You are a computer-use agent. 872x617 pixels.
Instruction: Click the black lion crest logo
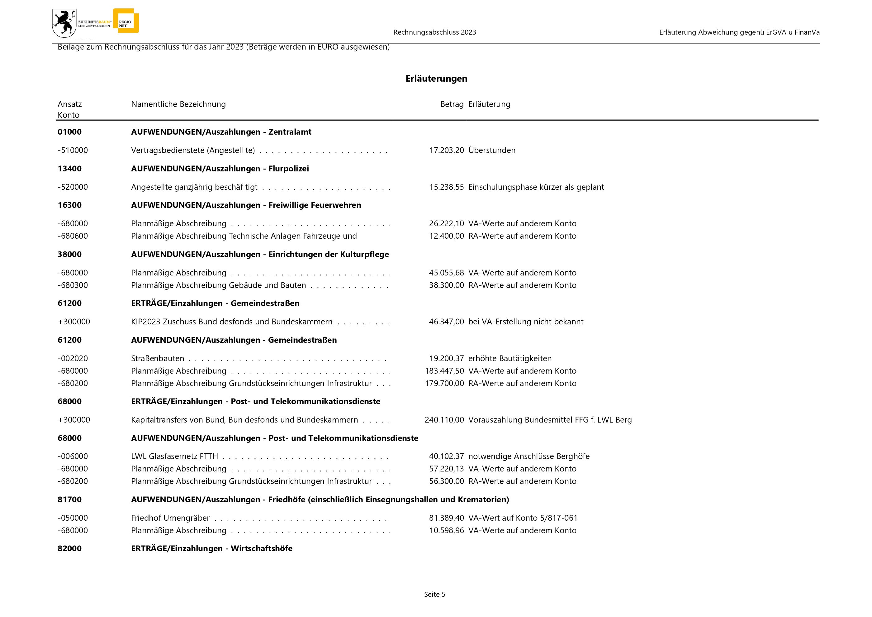click(64, 23)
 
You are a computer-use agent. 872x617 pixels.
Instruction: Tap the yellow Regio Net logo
click(126, 21)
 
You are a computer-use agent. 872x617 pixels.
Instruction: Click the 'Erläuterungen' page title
click(436, 79)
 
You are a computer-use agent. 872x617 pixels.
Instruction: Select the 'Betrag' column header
click(452, 104)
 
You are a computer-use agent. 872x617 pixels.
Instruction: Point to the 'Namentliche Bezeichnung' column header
click(178, 104)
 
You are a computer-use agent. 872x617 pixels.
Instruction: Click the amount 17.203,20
click(446, 151)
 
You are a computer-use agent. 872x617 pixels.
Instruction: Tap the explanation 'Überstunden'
click(492, 151)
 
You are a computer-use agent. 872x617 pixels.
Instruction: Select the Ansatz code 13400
click(69, 169)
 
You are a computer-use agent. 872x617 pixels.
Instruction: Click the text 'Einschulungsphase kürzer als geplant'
click(536, 187)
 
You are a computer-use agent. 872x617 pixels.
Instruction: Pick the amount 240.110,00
click(444, 420)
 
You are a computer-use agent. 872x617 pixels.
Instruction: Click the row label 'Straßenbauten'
click(158, 358)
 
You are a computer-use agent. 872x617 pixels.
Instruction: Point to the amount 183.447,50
click(444, 371)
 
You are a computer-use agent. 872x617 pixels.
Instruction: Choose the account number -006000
click(73, 456)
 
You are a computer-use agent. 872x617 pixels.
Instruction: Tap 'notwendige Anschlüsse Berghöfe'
click(529, 456)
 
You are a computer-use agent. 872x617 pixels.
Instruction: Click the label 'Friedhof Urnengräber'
click(170, 518)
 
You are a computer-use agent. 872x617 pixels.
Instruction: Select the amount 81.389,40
click(446, 518)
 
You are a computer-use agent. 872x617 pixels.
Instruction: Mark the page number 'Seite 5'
click(434, 594)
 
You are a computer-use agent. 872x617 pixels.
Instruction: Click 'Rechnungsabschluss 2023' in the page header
click(434, 32)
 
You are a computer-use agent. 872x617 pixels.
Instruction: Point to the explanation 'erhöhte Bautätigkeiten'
click(510, 358)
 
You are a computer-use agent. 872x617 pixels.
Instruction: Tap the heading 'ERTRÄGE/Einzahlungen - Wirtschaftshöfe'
click(211, 548)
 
